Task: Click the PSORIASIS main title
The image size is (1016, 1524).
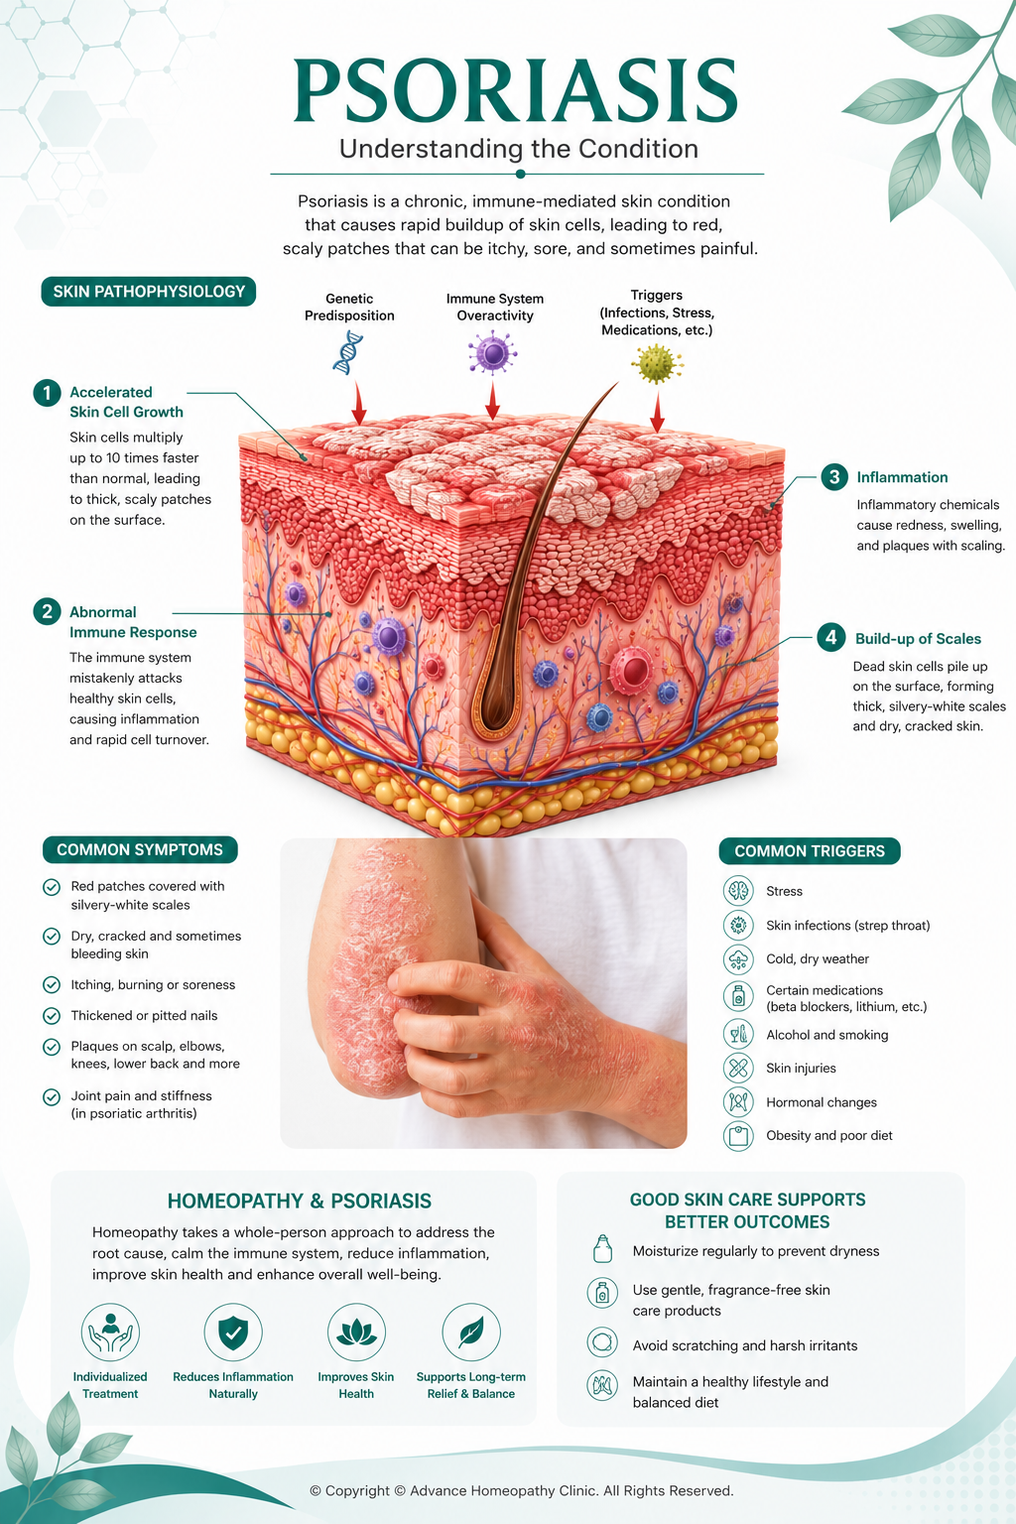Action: pyautogui.click(x=516, y=90)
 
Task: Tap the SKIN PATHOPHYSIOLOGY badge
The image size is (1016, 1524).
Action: pyautogui.click(x=149, y=291)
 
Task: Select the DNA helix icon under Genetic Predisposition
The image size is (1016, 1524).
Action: pyautogui.click(x=347, y=352)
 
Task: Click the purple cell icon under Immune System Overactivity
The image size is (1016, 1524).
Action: pyautogui.click(x=492, y=352)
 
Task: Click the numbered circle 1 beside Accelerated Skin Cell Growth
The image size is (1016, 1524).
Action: pyautogui.click(x=47, y=393)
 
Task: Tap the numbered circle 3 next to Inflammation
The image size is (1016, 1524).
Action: pyautogui.click(x=834, y=477)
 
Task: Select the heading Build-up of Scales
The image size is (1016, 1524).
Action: pyautogui.click(x=918, y=638)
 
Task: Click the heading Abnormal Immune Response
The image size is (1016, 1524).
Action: pyautogui.click(x=133, y=622)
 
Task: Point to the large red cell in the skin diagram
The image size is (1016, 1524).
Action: pyautogui.click(x=632, y=670)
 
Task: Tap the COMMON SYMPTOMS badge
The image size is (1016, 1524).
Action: pyautogui.click(x=140, y=849)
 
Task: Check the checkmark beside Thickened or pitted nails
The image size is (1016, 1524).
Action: pyautogui.click(x=51, y=1015)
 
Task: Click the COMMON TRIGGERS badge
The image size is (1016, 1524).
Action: pyautogui.click(x=809, y=851)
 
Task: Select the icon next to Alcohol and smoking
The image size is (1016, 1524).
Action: pyautogui.click(x=737, y=1034)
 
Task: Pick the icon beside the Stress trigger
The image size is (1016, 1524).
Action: pyautogui.click(x=737, y=891)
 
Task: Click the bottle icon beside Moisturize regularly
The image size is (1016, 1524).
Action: pyautogui.click(x=602, y=1249)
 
